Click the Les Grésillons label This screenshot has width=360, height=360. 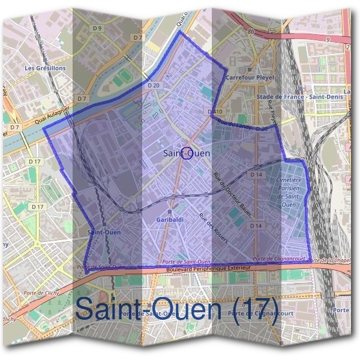pyautogui.click(x=45, y=68)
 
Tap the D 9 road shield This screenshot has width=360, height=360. pyautogui.click(x=97, y=28)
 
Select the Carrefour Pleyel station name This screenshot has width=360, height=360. pyautogui.click(x=250, y=77)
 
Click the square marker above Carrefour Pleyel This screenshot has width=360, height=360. pyautogui.click(x=250, y=69)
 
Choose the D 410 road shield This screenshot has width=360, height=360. pyautogui.click(x=214, y=112)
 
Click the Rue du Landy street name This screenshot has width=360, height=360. pyautogui.click(x=236, y=124)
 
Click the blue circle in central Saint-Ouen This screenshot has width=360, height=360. pyautogui.click(x=187, y=154)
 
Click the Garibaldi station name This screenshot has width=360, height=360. pyautogui.click(x=170, y=220)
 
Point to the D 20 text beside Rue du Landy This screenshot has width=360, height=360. pyautogui.click(x=260, y=128)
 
